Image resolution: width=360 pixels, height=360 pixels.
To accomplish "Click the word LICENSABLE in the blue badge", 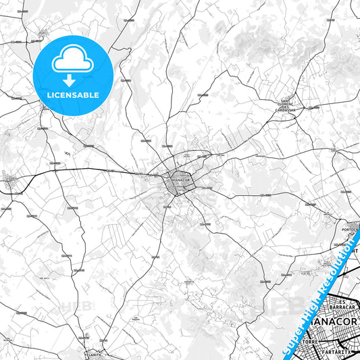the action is [72, 95].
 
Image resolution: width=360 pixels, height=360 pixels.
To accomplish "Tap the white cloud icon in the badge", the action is [72, 59].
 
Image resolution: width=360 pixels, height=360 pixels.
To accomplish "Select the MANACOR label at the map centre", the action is [178, 180].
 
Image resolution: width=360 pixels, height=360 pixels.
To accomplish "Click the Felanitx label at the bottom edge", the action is [95, 353].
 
